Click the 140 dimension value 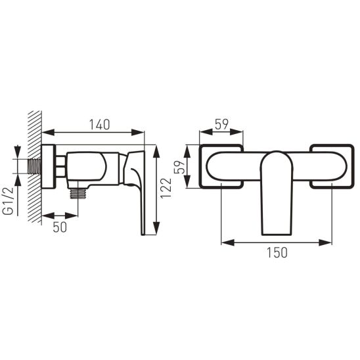(99, 125)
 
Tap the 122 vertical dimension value (166, 188)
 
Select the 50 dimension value (60, 227)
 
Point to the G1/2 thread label (8, 201)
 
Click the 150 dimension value (277, 252)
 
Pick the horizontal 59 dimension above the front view (222, 124)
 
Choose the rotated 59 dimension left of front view (179, 167)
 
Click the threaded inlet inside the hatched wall (34, 166)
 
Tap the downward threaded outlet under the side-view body (78, 192)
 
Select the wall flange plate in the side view (49, 167)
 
